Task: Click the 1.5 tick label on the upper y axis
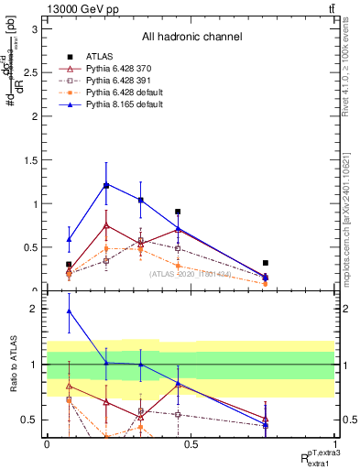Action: coord(30,160)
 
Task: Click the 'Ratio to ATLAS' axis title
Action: coord(13,365)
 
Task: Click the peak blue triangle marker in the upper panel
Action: coord(106,185)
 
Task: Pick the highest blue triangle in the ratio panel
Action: coord(69,311)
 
